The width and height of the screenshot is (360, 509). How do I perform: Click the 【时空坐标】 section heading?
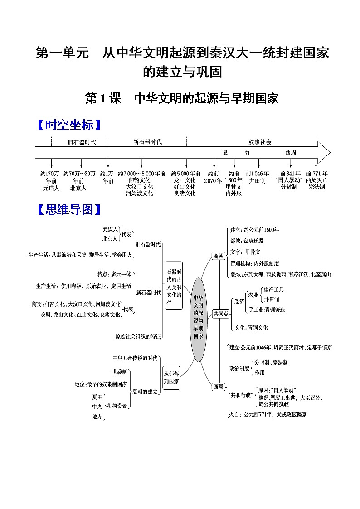pyautogui.click(x=68, y=125)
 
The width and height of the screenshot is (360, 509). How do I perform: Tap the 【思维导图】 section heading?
pyautogui.click(x=68, y=209)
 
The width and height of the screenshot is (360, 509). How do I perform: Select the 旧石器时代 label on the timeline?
pyautogui.click(x=82, y=142)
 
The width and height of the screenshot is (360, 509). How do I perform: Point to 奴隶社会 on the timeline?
pyautogui.click(x=260, y=142)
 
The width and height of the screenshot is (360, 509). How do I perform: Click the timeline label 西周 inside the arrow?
pyautogui.click(x=291, y=153)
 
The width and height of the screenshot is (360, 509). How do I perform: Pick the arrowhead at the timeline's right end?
pyautogui.click(x=324, y=152)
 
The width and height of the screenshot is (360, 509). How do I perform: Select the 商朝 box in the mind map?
pyautogui.click(x=218, y=256)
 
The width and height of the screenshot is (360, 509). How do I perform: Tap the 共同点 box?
pyautogui.click(x=221, y=314)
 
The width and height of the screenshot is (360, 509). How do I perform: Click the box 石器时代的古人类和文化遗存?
pyautogui.click(x=174, y=286)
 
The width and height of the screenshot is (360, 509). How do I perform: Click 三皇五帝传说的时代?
pyautogui.click(x=135, y=358)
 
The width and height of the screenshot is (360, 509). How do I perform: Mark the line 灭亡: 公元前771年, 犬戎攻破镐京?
pyautogui.click(x=268, y=414)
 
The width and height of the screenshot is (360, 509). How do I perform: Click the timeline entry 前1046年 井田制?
pyautogui.click(x=257, y=177)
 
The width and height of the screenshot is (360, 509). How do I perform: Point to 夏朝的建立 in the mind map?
pyautogui.click(x=144, y=392)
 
